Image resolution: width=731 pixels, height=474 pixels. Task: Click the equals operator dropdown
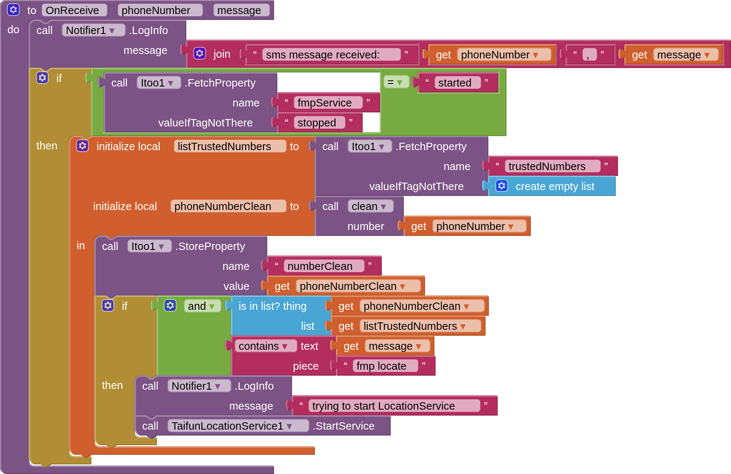(395, 82)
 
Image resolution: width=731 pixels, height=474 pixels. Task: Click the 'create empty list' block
(554, 186)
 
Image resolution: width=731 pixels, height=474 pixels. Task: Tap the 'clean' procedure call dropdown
(370, 206)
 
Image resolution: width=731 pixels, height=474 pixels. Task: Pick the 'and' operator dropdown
(201, 306)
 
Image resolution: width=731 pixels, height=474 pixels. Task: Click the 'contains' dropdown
(265, 346)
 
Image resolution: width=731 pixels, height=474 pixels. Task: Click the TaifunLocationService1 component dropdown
(237, 426)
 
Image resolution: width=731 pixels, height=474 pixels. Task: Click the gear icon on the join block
(200, 54)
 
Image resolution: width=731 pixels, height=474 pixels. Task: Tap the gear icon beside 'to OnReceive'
(13, 10)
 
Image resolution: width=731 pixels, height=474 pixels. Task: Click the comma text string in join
(589, 55)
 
